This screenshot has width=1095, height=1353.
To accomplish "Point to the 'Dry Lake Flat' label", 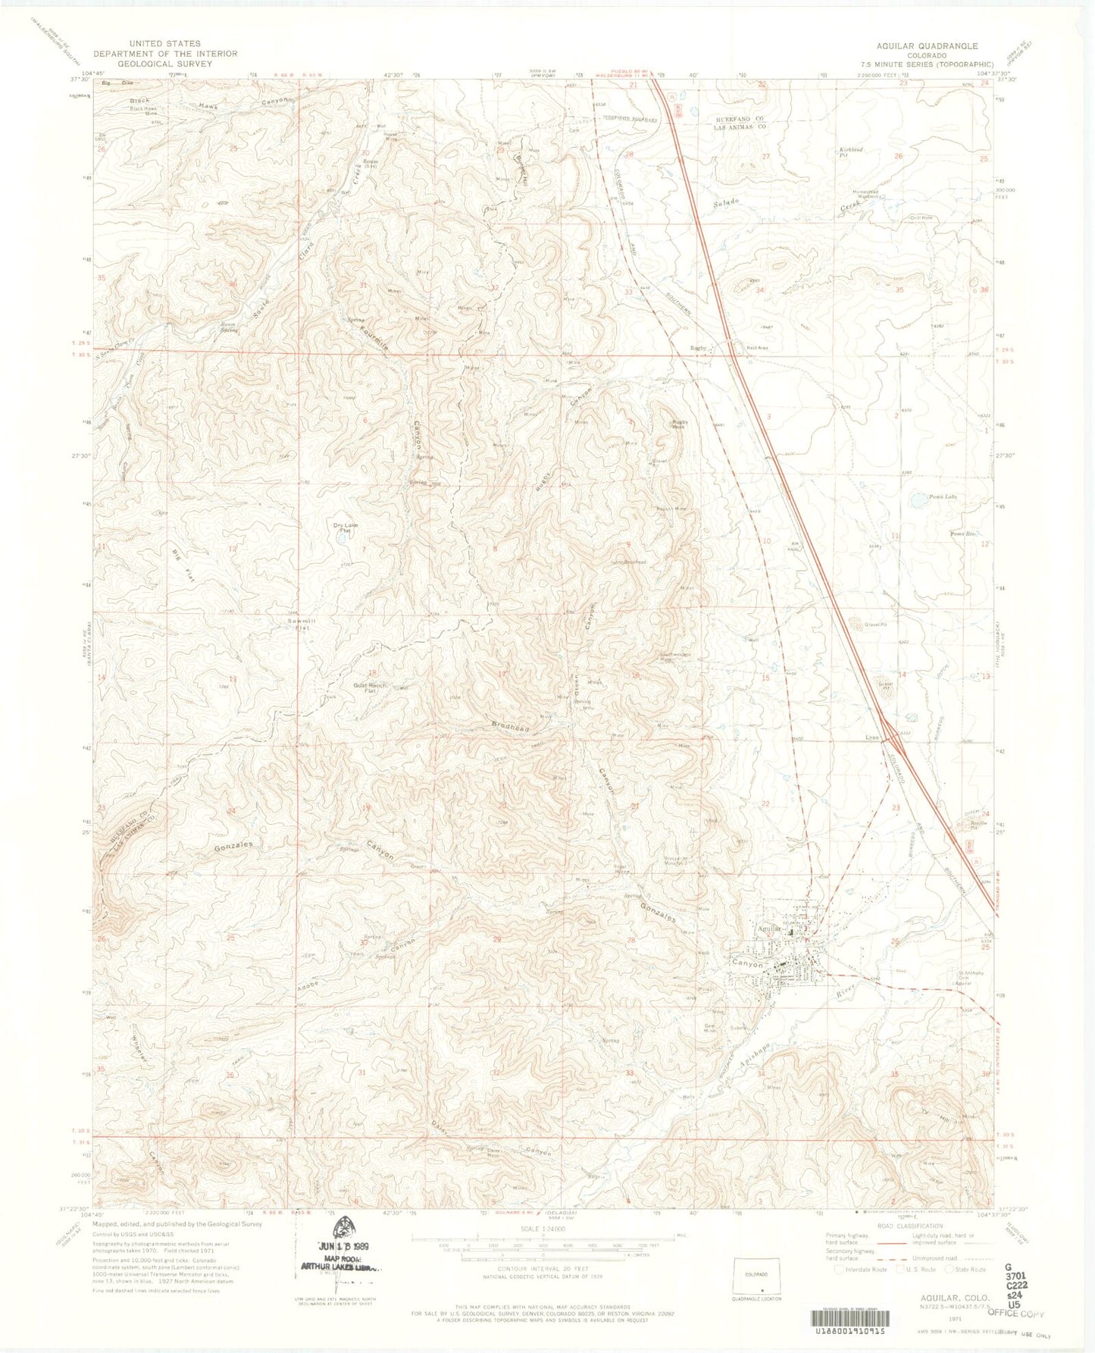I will click(x=346, y=528).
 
